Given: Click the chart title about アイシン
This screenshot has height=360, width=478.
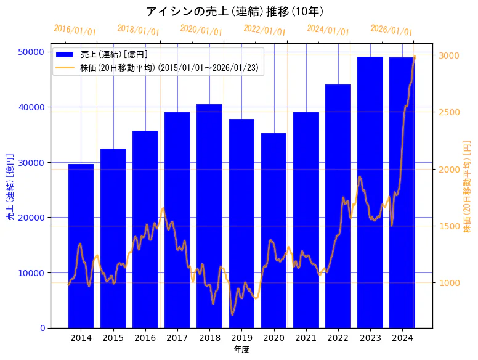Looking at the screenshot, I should tap(235, 11).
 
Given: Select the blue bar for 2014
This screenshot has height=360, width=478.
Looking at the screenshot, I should tap(81, 247).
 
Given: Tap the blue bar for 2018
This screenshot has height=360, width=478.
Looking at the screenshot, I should tap(209, 216).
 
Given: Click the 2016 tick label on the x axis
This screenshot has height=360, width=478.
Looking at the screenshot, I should tap(145, 338).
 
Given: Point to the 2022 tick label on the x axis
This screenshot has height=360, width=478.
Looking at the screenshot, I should tap(338, 338).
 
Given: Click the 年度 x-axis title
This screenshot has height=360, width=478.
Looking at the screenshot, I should tap(241, 350).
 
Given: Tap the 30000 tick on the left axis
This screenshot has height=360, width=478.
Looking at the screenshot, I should tap(34, 162).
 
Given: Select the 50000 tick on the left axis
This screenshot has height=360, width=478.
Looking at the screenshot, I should tap(34, 52).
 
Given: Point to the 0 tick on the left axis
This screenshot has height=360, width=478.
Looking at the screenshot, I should tap(43, 328).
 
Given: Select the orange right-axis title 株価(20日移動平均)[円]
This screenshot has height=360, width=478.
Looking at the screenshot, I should tap(467, 186).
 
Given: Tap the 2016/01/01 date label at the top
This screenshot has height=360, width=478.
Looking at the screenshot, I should tap(75, 30).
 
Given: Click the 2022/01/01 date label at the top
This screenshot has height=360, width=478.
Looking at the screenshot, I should tap(264, 30).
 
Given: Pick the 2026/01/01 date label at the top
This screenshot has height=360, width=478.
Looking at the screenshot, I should tap(391, 30).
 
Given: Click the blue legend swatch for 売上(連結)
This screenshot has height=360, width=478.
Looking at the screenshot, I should tap(65, 55).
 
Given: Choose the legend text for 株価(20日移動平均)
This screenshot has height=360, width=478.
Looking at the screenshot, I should tap(170, 67).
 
